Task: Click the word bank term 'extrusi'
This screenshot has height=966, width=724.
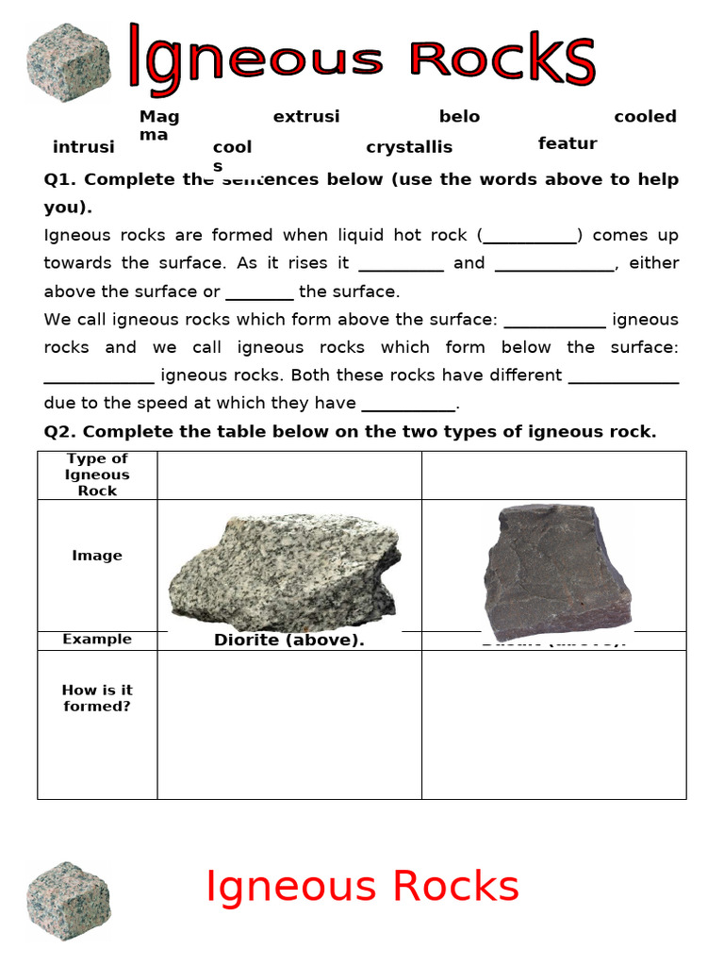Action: pyautogui.click(x=306, y=117)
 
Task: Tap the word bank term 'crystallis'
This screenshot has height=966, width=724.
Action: pyautogui.click(x=409, y=147)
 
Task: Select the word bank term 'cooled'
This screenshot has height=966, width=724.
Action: pyautogui.click(x=645, y=117)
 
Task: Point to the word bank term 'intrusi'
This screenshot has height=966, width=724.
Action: pyautogui.click(x=83, y=147)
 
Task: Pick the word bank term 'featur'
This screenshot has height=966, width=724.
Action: pyautogui.click(x=568, y=143)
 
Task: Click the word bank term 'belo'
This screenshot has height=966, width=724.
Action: pyautogui.click(x=459, y=117)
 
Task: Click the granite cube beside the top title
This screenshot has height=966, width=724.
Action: pyautogui.click(x=68, y=62)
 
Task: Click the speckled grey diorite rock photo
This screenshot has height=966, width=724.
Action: pyautogui.click(x=284, y=572)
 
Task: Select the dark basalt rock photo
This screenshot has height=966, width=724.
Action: pyautogui.click(x=556, y=572)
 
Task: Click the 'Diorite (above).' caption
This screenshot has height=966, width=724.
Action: pyautogui.click(x=288, y=641)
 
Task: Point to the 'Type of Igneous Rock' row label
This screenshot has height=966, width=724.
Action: pyautogui.click(x=97, y=475)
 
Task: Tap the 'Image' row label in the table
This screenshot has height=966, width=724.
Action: pyautogui.click(x=97, y=556)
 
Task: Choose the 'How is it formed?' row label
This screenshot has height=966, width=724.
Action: pyautogui.click(x=97, y=698)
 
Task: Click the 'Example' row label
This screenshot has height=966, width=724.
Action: pyautogui.click(x=97, y=640)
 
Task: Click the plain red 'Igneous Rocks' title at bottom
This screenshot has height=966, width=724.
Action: pyautogui.click(x=362, y=887)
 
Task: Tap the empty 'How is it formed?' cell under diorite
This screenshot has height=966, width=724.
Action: pyautogui.click(x=288, y=724)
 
